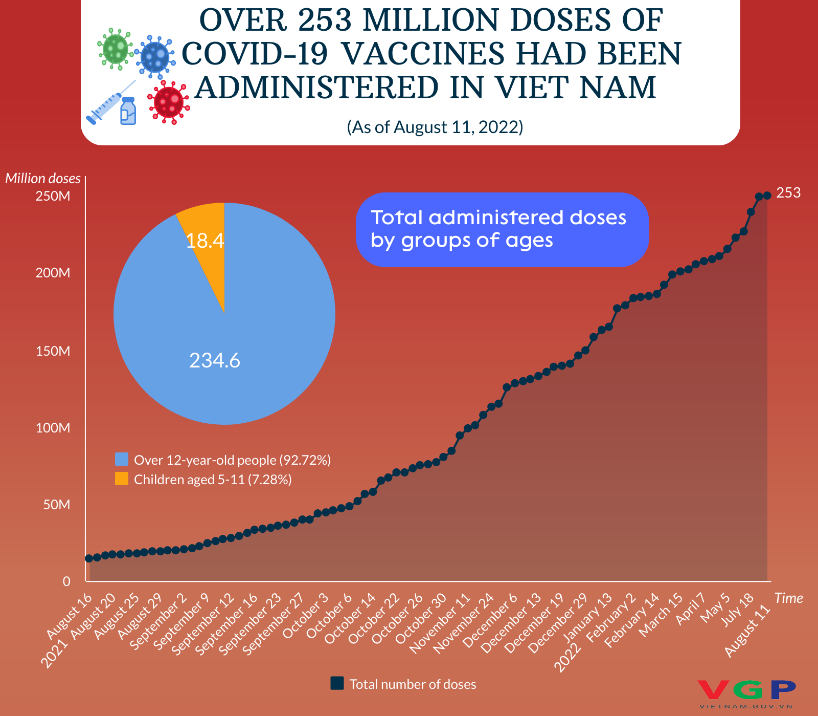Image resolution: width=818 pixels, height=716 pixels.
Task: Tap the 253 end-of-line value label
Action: pos(788,193)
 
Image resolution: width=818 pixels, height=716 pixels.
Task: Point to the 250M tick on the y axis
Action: pos(53,197)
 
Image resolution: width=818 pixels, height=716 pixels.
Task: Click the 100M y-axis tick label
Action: pos(53,428)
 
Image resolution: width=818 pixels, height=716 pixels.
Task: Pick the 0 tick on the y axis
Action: pos(66,581)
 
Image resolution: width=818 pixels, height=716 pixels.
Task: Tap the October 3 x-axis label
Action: pos(305,616)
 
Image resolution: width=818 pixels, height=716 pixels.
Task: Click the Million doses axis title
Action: pos(43,178)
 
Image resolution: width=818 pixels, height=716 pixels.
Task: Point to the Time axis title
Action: pos(788,598)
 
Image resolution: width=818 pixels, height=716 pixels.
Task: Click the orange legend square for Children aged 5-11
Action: pos(122,479)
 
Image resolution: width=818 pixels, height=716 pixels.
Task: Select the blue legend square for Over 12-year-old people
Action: pos(122,459)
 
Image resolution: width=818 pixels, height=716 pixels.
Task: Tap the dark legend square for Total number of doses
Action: pos(337,683)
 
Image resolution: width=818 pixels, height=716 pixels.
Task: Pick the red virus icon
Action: pos(169,102)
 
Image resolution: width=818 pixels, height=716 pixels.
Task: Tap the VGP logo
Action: pos(746,691)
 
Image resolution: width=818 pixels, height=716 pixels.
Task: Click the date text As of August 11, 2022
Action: pos(435,127)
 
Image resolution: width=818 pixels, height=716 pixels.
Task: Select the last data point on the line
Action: pos(767,196)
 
